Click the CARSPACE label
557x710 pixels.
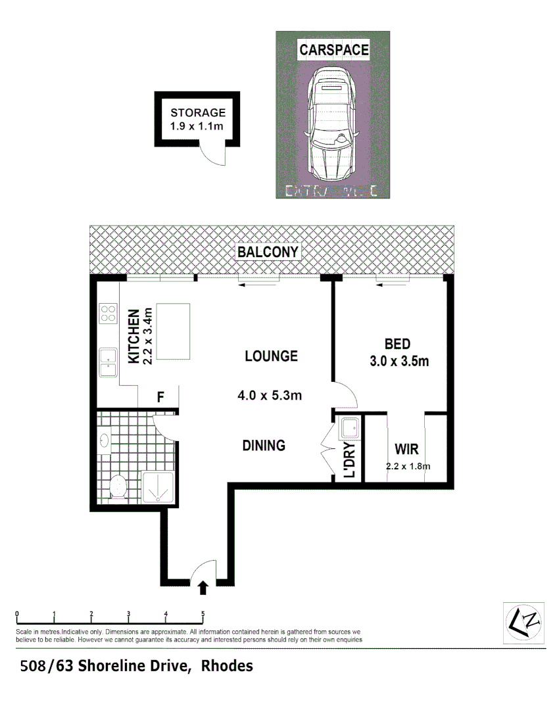[x=333, y=49]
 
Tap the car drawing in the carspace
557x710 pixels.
[x=332, y=125]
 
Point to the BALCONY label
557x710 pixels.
[x=268, y=252]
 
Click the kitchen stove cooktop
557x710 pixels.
[x=107, y=314]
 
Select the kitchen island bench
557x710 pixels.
[x=172, y=331]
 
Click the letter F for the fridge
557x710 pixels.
[x=160, y=397]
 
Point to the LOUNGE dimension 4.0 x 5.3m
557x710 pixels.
[x=270, y=395]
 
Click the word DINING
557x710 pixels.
[x=264, y=445]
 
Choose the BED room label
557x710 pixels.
[x=397, y=344]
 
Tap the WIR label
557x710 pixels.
[x=406, y=450]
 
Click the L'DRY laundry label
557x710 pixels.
[x=350, y=460]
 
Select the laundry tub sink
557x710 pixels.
[x=349, y=430]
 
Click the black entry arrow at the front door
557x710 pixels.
[x=203, y=586]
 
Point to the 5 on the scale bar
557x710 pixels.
[x=203, y=613]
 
